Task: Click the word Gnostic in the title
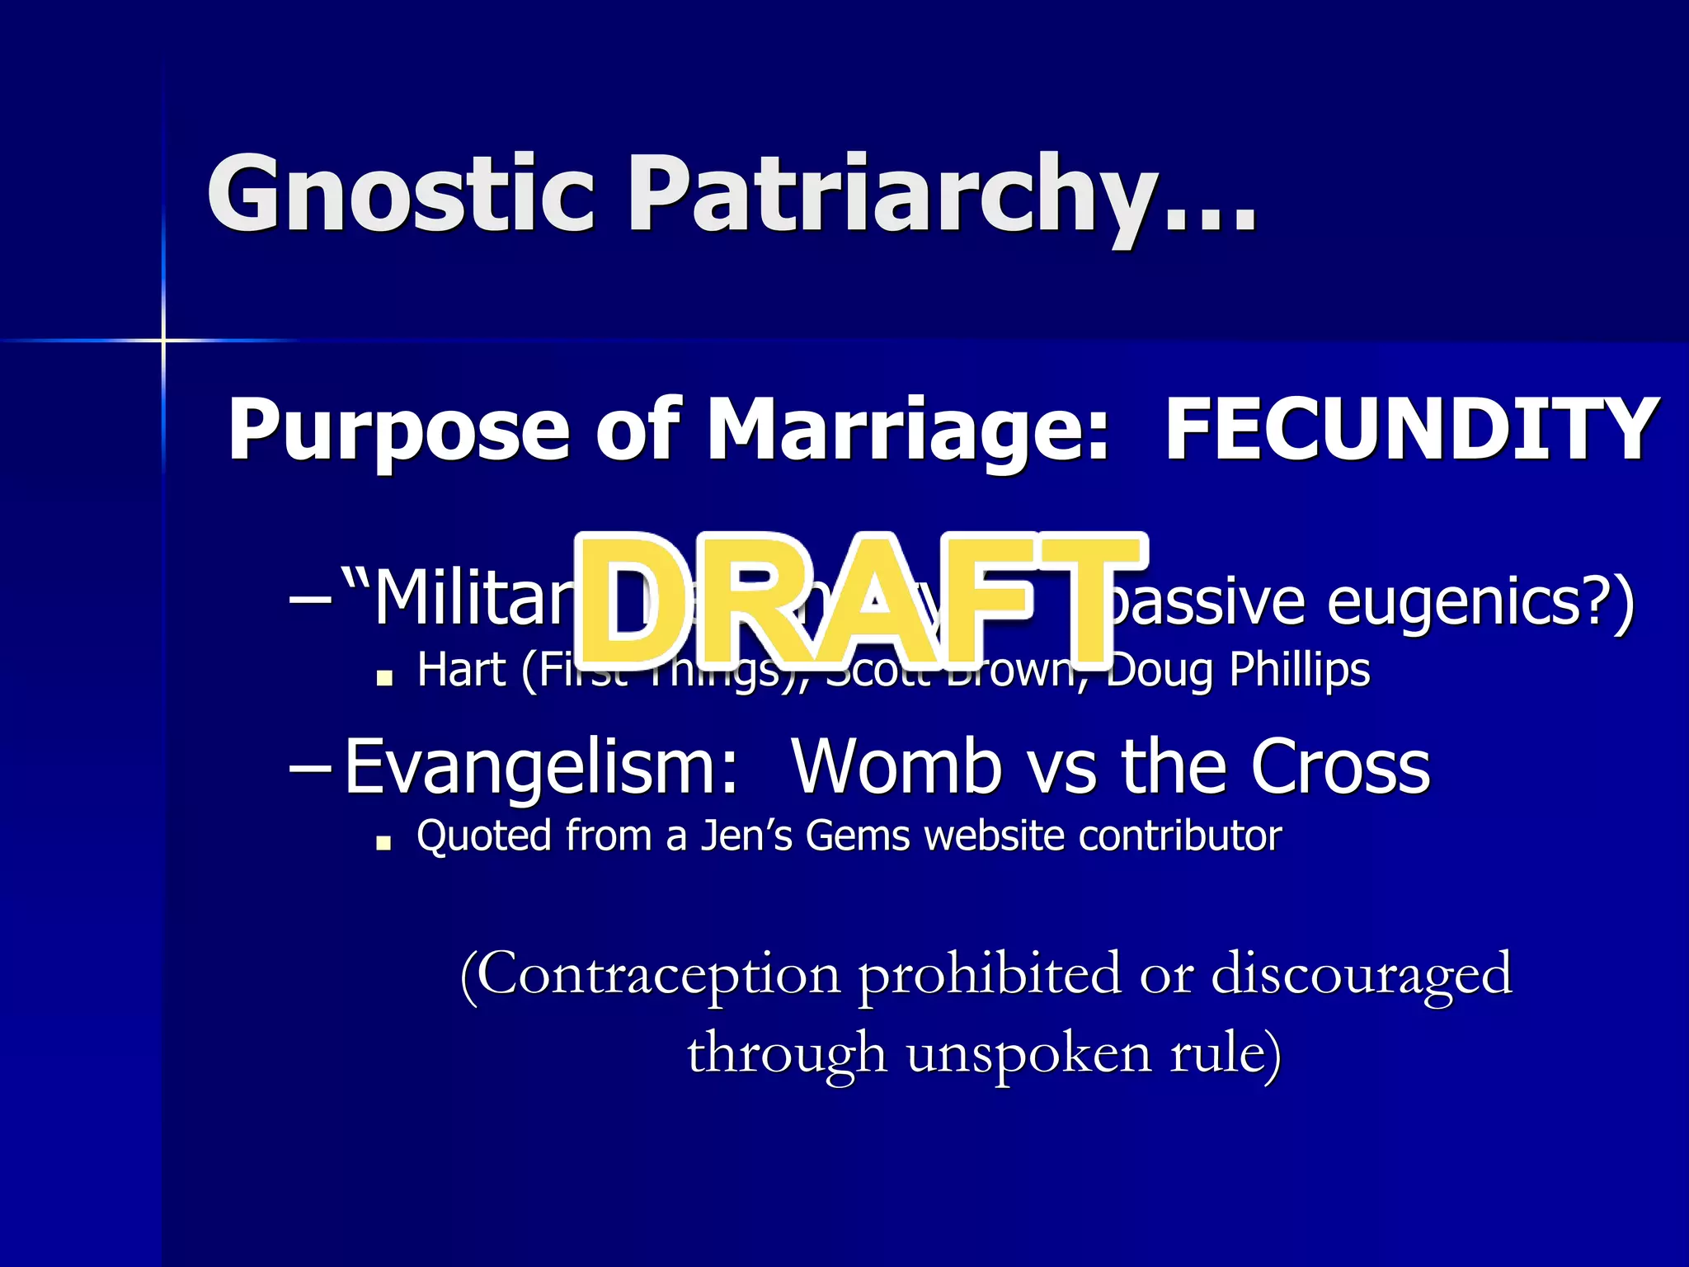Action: (401, 194)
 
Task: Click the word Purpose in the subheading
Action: (398, 431)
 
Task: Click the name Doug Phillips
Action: (1237, 670)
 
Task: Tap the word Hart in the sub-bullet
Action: (461, 670)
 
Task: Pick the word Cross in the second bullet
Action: (1340, 767)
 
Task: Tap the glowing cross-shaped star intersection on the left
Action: (163, 340)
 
